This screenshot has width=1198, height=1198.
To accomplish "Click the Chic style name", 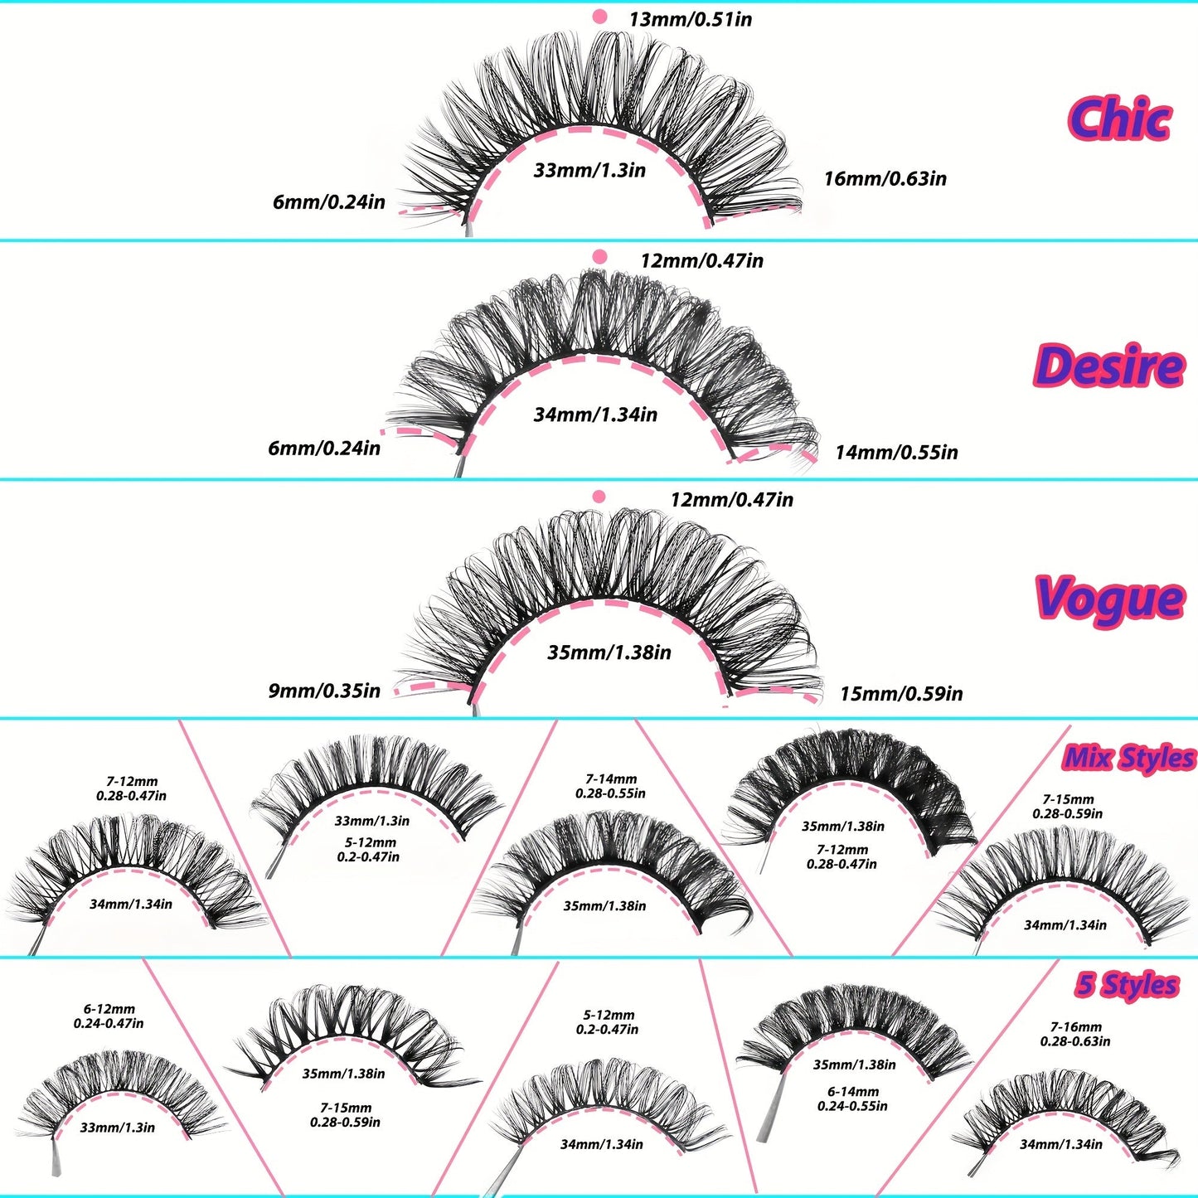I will coord(1118,119).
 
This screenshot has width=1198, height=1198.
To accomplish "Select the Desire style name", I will coord(1108,366).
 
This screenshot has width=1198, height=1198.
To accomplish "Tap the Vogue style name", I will coord(1109,599).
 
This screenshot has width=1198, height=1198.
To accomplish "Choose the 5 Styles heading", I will coord(1127,985).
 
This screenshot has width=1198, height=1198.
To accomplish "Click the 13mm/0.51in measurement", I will coord(690,19).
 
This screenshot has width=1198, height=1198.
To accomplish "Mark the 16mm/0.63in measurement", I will coord(885,178).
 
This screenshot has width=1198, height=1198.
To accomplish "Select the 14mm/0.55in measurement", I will coord(896,452).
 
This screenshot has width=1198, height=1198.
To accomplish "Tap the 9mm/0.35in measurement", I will coord(324,691).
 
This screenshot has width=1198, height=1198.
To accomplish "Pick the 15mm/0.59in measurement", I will coord(901,693).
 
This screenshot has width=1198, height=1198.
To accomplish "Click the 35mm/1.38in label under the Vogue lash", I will coord(609,652).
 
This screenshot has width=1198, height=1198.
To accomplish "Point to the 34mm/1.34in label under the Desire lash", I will coord(595,415).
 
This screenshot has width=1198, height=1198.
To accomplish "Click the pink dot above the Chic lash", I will coord(599,17).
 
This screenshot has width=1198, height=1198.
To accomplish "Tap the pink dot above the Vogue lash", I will coord(599,497).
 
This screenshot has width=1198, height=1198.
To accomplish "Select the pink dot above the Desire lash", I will coord(599,257).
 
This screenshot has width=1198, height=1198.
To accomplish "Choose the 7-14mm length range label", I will coord(611,786).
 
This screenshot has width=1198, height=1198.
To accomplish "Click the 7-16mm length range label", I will coord(1075,1034).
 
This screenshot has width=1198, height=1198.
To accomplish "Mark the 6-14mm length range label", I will coord(852,1099).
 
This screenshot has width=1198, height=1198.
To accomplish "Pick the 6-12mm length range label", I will coord(109,1016).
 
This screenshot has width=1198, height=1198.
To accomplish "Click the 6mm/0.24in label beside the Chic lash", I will coord(329,201).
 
